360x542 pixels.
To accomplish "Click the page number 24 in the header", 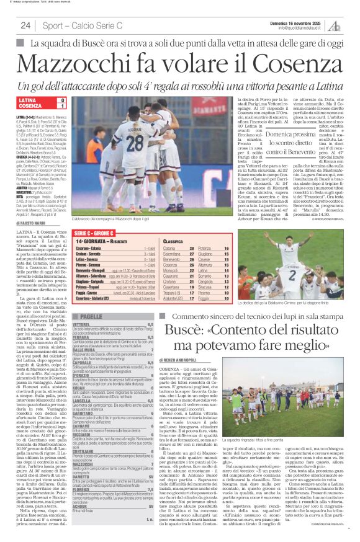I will (25, 25).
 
